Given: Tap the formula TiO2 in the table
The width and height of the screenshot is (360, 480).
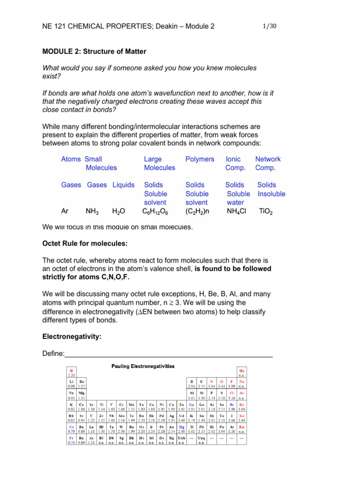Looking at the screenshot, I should point(266,211).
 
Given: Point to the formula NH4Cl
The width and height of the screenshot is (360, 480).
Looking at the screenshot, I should point(237,211).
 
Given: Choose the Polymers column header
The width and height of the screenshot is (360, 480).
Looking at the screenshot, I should point(200,159).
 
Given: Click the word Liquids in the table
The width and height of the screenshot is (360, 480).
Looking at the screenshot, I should point(123,185).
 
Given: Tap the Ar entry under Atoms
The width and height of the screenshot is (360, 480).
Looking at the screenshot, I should point(65,211).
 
